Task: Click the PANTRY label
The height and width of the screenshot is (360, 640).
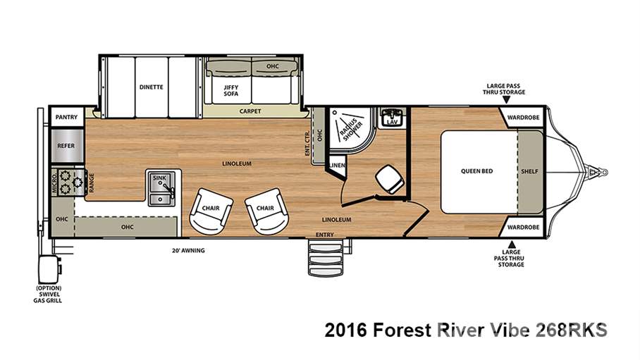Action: (x=66, y=117)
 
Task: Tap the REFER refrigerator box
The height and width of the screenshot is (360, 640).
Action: (x=66, y=146)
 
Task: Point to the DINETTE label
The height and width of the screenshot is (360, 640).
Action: (x=151, y=87)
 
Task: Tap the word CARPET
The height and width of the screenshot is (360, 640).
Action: (x=250, y=111)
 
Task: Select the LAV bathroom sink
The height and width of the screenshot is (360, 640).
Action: (x=390, y=120)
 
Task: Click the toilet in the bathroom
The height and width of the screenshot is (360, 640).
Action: (x=386, y=178)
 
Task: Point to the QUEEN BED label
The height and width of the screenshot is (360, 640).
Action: (x=477, y=171)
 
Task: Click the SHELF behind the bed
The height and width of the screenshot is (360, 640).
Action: (x=529, y=171)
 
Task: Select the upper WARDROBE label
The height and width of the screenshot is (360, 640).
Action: (x=523, y=117)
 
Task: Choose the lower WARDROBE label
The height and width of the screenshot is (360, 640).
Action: (x=523, y=227)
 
